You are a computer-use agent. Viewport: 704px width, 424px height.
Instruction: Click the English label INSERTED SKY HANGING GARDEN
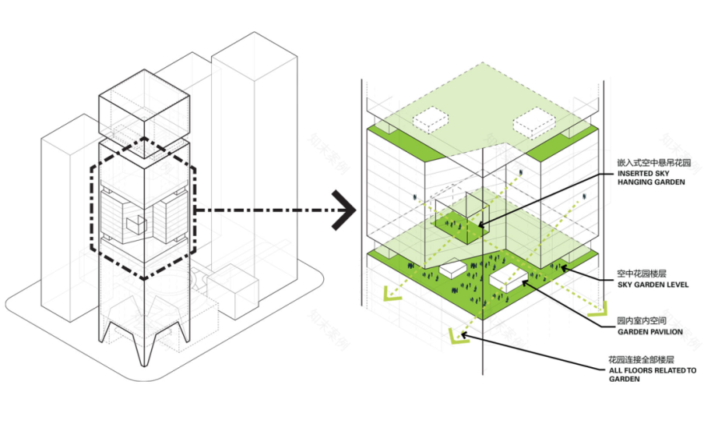(x=651, y=178)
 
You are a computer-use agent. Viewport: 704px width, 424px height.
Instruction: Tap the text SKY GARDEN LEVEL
(x=653, y=284)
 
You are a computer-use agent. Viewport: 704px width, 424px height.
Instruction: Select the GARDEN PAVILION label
(x=650, y=332)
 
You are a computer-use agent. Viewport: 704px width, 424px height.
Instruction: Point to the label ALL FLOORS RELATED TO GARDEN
(x=652, y=374)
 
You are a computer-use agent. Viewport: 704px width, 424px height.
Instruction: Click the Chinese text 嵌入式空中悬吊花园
(x=654, y=162)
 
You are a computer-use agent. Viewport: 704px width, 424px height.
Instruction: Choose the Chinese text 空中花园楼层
(x=642, y=273)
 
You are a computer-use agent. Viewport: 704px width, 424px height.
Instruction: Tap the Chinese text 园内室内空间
(x=642, y=321)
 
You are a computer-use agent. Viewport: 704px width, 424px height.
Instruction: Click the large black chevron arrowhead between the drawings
(x=344, y=210)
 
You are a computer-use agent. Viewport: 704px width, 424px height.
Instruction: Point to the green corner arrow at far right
(x=598, y=309)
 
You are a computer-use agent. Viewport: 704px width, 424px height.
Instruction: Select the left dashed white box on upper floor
(x=430, y=120)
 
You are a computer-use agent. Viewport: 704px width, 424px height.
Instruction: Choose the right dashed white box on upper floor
(x=534, y=122)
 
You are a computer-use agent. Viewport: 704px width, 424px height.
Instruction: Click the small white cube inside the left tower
(x=137, y=225)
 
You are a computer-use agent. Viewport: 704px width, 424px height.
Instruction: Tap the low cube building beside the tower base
(x=233, y=291)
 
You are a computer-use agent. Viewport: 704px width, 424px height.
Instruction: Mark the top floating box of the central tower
(x=144, y=114)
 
